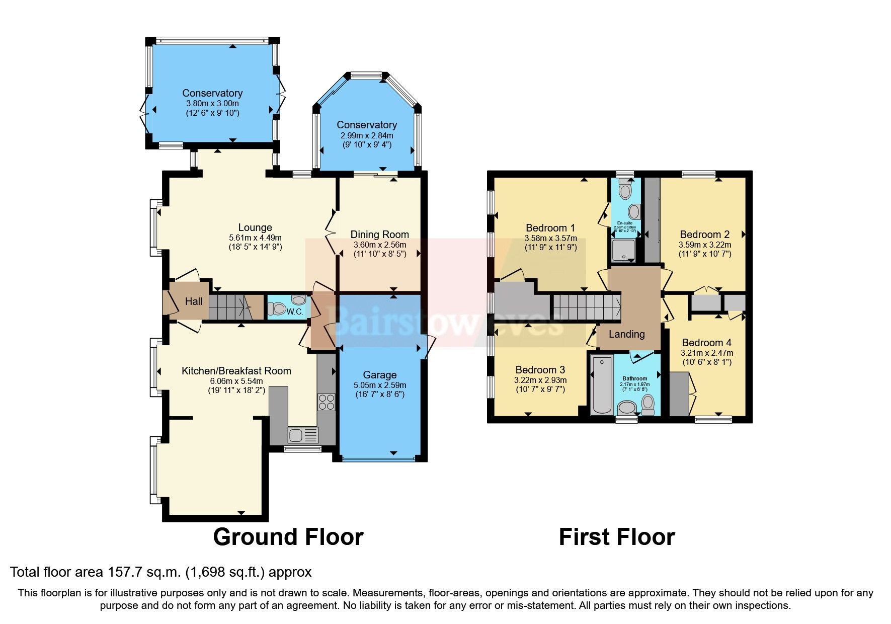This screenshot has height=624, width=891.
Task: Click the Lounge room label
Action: pyautogui.click(x=255, y=227)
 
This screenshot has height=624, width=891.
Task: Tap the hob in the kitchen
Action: pyautogui.click(x=326, y=402)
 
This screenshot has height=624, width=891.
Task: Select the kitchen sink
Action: pyautogui.click(x=303, y=434)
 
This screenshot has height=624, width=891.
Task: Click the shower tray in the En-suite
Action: pyautogui.click(x=624, y=250)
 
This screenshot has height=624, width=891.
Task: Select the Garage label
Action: pyautogui.click(x=379, y=375)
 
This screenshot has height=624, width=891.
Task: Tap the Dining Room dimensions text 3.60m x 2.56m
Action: pyautogui.click(x=379, y=245)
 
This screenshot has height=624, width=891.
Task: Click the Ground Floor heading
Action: pyautogui.click(x=288, y=537)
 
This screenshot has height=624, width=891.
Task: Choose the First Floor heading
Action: pyautogui.click(x=616, y=537)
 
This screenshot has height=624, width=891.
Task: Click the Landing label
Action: pyautogui.click(x=626, y=334)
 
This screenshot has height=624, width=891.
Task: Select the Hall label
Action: pyautogui.click(x=194, y=301)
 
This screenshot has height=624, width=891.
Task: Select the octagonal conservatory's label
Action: pyautogui.click(x=367, y=125)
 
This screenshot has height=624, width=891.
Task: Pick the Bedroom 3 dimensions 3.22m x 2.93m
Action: pyautogui.click(x=540, y=380)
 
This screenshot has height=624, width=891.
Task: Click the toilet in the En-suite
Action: pyautogui.click(x=625, y=191)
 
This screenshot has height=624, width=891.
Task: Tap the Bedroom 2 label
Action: pyautogui.click(x=704, y=235)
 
